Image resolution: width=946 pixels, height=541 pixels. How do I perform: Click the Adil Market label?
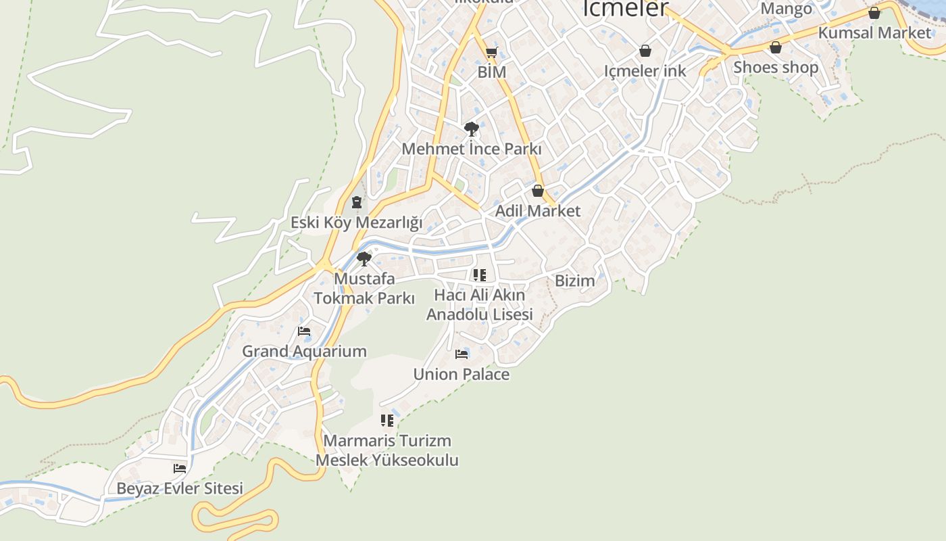[x=538, y=211]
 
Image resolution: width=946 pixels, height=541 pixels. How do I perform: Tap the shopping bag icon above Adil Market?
[x=538, y=191]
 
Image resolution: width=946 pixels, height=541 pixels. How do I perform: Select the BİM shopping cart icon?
[x=491, y=53]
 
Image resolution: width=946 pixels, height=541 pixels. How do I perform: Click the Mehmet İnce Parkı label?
[x=472, y=149]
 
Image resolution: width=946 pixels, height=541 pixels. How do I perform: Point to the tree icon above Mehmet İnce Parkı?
[x=472, y=128]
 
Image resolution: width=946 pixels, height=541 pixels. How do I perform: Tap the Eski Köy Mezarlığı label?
[x=356, y=222]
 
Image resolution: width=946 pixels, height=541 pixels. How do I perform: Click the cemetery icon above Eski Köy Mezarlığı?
[x=356, y=202]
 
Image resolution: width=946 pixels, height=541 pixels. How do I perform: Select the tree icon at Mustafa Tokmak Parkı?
[x=364, y=258]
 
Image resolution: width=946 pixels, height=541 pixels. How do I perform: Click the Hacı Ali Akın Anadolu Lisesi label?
[x=479, y=305]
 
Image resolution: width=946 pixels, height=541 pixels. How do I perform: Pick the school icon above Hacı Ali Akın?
[x=479, y=275]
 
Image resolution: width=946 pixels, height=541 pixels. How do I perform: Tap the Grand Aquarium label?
[x=304, y=352]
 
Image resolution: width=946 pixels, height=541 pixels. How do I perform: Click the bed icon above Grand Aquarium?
[x=304, y=331]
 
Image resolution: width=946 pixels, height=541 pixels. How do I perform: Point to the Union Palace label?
[x=462, y=375]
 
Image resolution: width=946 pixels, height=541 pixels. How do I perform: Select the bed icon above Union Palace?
[x=462, y=354]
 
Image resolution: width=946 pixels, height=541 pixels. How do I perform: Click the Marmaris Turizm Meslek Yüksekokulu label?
[x=387, y=450]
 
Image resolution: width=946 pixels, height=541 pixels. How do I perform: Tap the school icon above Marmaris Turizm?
[x=387, y=421]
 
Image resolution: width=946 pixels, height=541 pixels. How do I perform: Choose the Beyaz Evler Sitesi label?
[x=180, y=488]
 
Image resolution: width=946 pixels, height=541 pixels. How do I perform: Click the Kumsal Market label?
[x=874, y=32]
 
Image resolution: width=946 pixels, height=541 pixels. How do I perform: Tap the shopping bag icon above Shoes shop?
[x=776, y=47]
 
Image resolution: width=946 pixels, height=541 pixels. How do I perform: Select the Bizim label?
[x=575, y=281]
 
